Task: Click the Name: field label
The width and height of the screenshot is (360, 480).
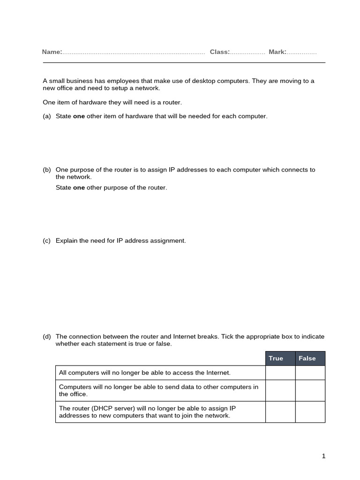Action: [x=52, y=52]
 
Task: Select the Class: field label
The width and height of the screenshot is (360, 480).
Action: [x=219, y=52]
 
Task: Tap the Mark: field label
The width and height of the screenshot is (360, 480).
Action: [x=277, y=52]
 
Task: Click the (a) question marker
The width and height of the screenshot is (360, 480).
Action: [x=46, y=116]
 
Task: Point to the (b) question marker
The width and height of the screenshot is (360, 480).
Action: [x=46, y=170]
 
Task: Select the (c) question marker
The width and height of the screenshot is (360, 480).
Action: [x=46, y=240]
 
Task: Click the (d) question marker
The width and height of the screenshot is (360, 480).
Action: [x=46, y=337]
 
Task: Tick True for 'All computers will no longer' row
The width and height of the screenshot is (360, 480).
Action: [x=280, y=373]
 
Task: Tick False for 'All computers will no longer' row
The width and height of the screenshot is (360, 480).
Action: [x=310, y=373]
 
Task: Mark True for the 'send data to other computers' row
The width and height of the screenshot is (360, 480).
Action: [x=280, y=390]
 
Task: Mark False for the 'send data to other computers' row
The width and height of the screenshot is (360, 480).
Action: [x=310, y=390]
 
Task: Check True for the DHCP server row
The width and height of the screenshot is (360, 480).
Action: [x=280, y=412]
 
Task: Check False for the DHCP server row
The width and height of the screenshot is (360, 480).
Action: [x=310, y=412]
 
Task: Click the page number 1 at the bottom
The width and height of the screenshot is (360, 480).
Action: [x=323, y=456]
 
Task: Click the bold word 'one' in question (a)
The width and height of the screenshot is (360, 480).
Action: [x=79, y=116]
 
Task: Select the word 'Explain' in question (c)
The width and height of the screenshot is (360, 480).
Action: [x=66, y=240]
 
